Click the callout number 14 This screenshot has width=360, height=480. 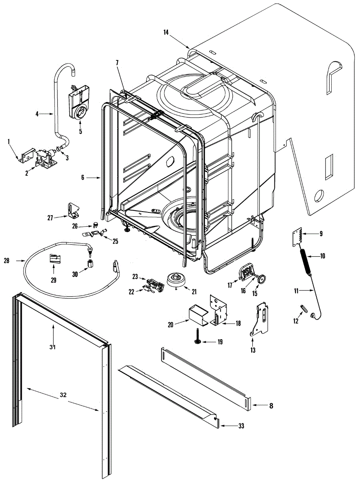pyautogui.click(x=166, y=33)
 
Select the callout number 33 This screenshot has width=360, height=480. pyautogui.click(x=241, y=426)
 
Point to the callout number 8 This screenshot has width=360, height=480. pyautogui.click(x=271, y=406)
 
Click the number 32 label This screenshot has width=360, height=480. pyautogui.click(x=63, y=395)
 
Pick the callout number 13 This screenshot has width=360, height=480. pyautogui.click(x=253, y=351)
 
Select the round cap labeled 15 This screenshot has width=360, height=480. pyautogui.click(x=262, y=278)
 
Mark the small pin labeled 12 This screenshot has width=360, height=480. pyautogui.click(x=304, y=309)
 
